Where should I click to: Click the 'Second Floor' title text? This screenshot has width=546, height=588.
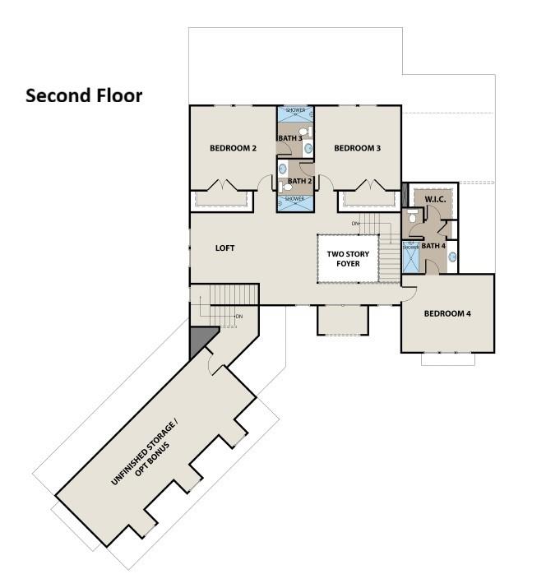coord(84,96)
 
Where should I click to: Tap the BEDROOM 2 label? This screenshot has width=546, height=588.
coord(233,148)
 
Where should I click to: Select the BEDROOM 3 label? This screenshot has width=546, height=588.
coord(357,148)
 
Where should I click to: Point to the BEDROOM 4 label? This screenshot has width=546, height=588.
coord(447,313)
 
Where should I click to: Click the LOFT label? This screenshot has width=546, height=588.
coord(226,248)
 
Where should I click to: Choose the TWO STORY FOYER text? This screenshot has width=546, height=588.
coord(348,260)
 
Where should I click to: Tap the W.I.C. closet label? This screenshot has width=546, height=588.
coord(434,200)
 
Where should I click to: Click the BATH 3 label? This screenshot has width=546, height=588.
coord(289,138)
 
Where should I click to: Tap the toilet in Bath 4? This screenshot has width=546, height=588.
coord(412,217)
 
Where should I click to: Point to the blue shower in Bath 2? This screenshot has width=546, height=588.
coord(294,202)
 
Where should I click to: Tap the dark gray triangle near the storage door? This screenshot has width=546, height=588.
coord(200,340)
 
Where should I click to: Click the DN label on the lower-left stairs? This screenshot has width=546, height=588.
coord(238,317)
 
